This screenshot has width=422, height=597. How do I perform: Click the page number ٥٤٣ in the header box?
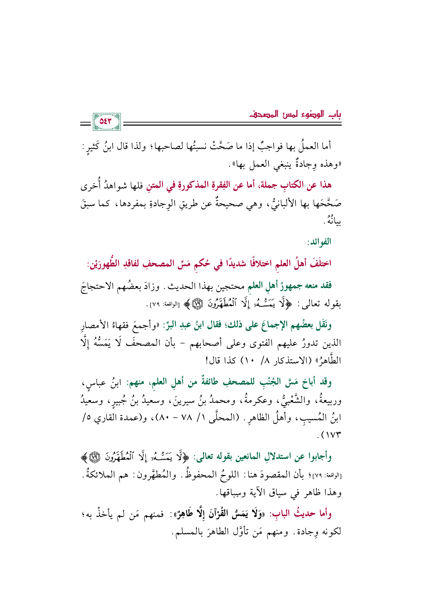click(107, 122)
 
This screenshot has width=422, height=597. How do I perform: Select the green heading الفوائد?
click(319, 242)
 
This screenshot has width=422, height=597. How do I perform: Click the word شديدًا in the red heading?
click(222, 264)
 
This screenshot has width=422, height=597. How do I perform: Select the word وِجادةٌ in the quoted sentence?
click(301, 165)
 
